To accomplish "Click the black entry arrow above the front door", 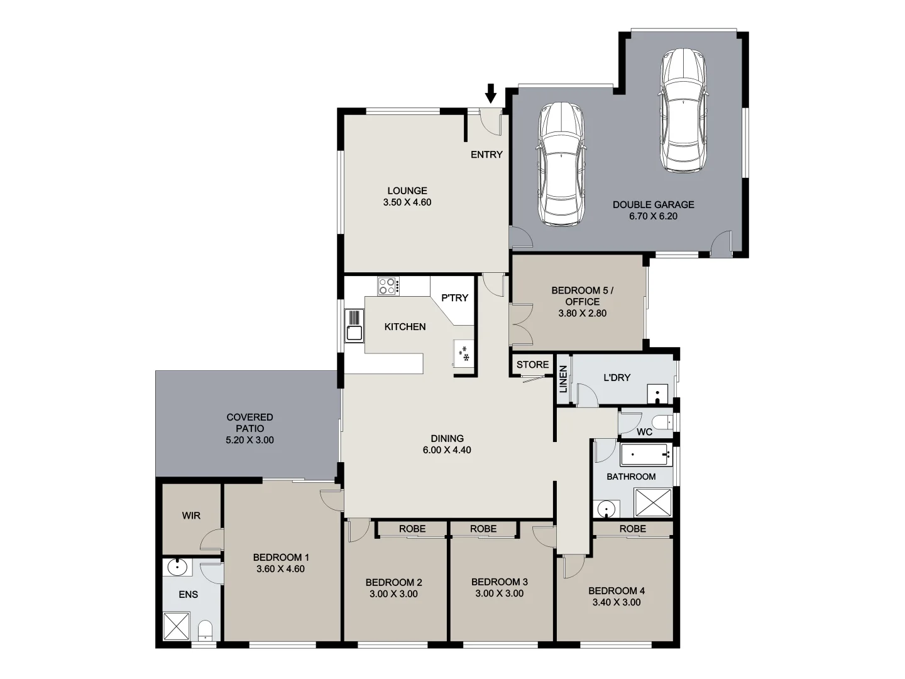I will tap(491, 94).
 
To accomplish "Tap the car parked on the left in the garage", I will tap(561, 165).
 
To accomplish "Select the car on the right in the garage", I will tap(684, 111).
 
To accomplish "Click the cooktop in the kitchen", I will tap(388, 287).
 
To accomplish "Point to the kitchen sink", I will tap(354, 333).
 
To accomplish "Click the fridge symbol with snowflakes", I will tap(464, 353).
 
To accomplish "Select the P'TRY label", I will tap(454, 297).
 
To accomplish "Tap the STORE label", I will tap(532, 365).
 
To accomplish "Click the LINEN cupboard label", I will tap(563, 379).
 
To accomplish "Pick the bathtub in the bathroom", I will tap(644, 454).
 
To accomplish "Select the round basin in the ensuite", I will tap(178, 567).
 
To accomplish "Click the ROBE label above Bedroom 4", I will tap(632, 529).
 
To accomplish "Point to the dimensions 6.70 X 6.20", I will tap(653, 216).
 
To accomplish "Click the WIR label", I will tap(191, 516).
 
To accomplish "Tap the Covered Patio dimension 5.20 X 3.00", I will tap(250, 440).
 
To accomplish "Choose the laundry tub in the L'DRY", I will tap(657, 394).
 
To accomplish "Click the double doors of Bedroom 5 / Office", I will tap(520, 324).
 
